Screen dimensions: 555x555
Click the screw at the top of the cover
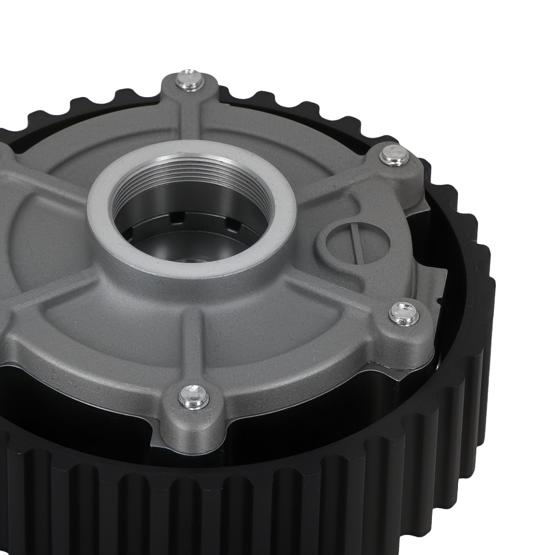pyautogui.click(x=190, y=81)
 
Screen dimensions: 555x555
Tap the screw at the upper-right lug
pyautogui.click(x=395, y=155)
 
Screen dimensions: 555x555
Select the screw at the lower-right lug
pyautogui.click(x=404, y=314)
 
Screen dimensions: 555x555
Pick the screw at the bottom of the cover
pyautogui.click(x=194, y=396)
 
